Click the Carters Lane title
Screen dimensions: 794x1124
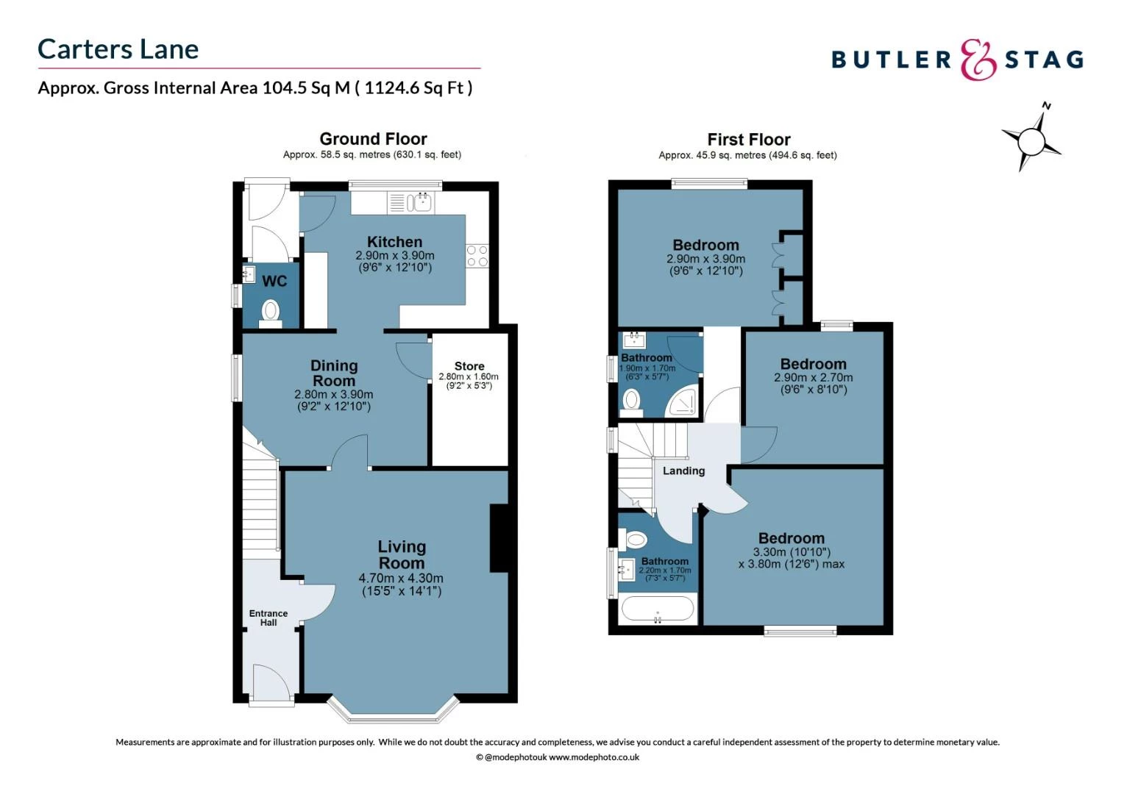click(x=118, y=49)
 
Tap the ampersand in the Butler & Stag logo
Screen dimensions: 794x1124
click(x=978, y=60)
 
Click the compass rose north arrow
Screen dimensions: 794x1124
click(x=1032, y=139)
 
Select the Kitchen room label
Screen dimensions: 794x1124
click(x=394, y=242)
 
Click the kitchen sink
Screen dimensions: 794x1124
click(x=422, y=201)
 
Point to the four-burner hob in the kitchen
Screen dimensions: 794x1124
click(x=477, y=256)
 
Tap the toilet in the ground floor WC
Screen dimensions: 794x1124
click(x=271, y=311)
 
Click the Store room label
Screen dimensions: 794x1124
click(x=469, y=366)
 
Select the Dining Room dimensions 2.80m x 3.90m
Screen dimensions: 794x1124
click(x=333, y=395)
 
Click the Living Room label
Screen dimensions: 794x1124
click(x=402, y=554)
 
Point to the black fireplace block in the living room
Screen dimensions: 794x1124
click(x=499, y=537)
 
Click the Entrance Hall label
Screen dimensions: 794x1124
click(x=268, y=618)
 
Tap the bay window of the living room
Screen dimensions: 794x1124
click(x=394, y=709)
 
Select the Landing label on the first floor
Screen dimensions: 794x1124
click(x=683, y=471)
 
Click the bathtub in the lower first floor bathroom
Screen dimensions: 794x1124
click(x=657, y=609)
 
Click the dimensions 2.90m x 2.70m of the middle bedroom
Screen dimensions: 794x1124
click(x=813, y=377)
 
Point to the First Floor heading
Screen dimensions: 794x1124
click(x=748, y=140)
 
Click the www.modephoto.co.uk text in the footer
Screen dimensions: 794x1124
click(x=594, y=757)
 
